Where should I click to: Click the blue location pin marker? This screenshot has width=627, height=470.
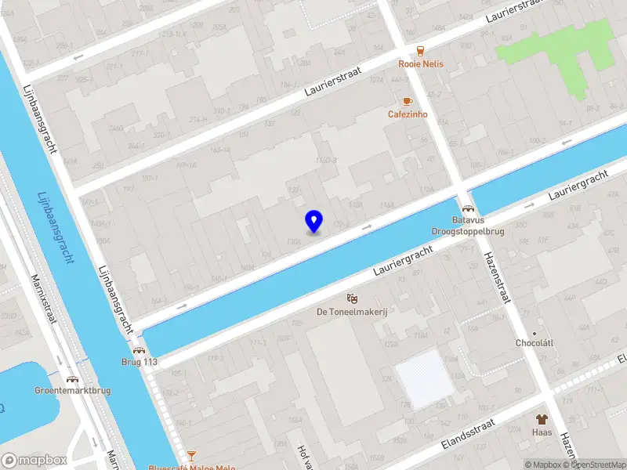[313, 221]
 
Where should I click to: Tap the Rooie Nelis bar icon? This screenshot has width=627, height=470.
[421, 50]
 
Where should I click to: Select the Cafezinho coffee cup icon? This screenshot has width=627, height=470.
[407, 101]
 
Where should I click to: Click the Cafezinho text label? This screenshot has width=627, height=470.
[407, 114]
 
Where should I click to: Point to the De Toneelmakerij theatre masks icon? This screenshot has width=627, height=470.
[353, 298]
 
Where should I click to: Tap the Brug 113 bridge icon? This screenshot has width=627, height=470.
[139, 350]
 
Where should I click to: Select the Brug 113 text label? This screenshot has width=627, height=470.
[139, 363]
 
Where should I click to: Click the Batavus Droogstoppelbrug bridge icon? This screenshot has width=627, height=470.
[468, 209]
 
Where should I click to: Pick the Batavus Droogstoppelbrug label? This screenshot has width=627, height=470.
[468, 226]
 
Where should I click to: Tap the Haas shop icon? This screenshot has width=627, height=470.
[541, 419]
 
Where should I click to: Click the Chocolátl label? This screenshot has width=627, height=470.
[535, 343]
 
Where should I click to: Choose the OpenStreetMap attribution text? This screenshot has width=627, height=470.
[591, 465]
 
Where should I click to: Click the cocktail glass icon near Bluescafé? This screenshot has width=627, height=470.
[191, 454]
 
